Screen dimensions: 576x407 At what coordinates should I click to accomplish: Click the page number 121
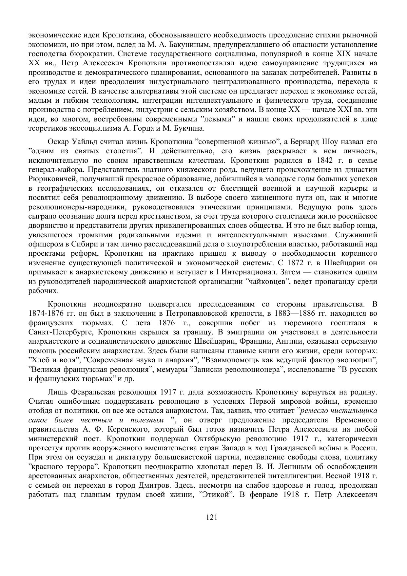[211, 518]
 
